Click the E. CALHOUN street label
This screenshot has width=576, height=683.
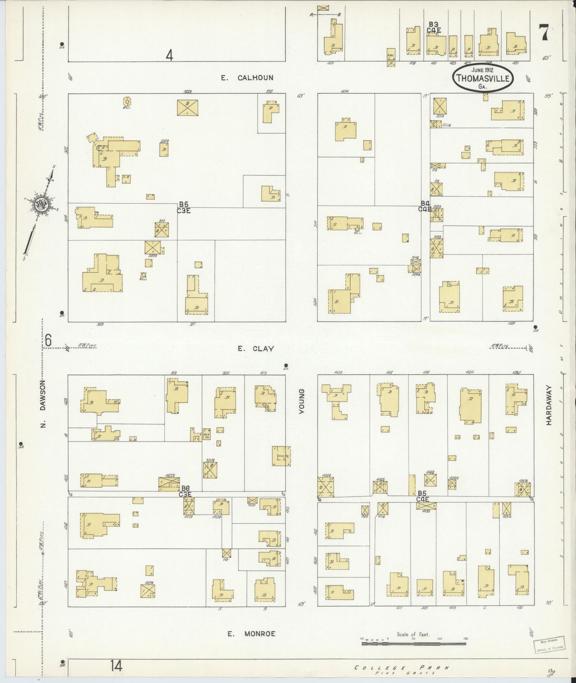tap(248, 78)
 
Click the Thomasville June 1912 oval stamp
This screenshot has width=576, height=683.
tap(483, 77)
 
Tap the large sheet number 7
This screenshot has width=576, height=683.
tap(544, 33)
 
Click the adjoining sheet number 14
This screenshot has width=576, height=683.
tap(117, 665)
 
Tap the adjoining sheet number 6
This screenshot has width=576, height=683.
tap(48, 341)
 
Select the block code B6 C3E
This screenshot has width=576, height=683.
tap(185, 491)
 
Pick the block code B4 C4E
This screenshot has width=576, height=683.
tap(425, 206)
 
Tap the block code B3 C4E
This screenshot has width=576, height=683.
tap(434, 27)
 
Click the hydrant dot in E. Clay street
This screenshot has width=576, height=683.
tap(286, 365)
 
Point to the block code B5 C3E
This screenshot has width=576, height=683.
tap(184, 208)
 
